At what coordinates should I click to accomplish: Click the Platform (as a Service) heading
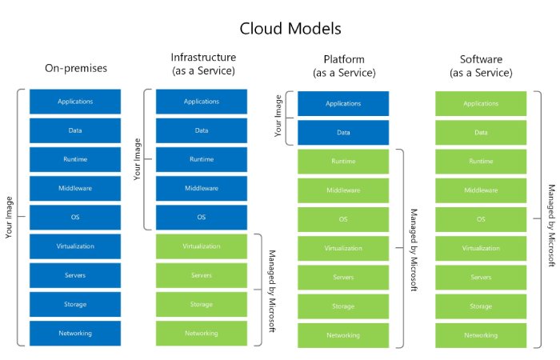(x=343, y=66)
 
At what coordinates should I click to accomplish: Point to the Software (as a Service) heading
(x=481, y=66)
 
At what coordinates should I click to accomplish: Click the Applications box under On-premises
(x=74, y=102)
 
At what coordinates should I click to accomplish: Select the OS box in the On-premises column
(x=74, y=217)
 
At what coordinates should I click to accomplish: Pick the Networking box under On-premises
(x=74, y=333)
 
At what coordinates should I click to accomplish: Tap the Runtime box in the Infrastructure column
(x=202, y=159)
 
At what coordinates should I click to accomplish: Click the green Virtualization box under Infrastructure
(x=202, y=246)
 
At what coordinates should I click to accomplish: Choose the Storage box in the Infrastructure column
(x=202, y=304)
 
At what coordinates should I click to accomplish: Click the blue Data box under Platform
(x=343, y=132)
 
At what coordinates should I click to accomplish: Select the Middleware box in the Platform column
(x=343, y=190)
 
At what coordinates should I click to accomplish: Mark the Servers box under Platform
(x=343, y=277)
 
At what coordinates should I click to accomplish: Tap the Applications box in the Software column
(x=481, y=104)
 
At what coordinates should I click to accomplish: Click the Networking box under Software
(x=481, y=335)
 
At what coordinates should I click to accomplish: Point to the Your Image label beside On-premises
(x=9, y=218)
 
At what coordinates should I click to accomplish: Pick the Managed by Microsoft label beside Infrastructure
(x=272, y=290)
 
